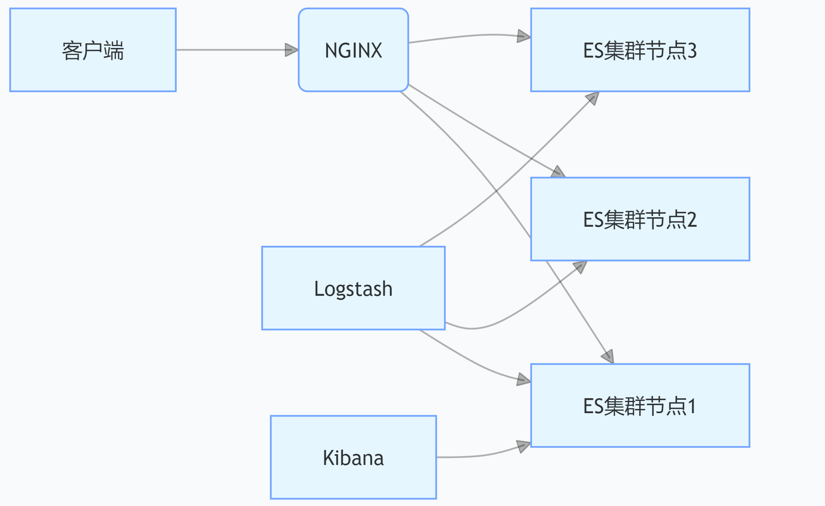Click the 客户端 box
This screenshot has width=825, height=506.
tap(93, 50)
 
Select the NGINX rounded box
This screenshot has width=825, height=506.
tap(353, 50)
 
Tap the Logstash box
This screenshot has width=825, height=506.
tap(353, 288)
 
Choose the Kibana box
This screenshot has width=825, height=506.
tap(353, 457)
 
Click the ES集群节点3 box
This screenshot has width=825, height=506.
tap(640, 50)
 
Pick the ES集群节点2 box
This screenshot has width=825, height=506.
tap(640, 219)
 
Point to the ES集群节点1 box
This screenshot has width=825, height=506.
tap(640, 405)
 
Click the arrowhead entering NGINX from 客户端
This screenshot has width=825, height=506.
tap(292, 50)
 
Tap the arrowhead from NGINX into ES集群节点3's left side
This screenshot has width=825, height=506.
tap(524, 36)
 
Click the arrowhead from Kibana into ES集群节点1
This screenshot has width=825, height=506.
tap(524, 446)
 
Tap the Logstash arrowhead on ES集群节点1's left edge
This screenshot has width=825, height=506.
tap(524, 380)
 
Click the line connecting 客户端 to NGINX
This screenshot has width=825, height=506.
tap(230, 50)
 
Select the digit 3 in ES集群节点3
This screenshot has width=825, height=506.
tap(692, 51)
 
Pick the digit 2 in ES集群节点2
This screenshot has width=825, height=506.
tap(692, 220)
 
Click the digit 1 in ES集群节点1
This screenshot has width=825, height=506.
tap(692, 406)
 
